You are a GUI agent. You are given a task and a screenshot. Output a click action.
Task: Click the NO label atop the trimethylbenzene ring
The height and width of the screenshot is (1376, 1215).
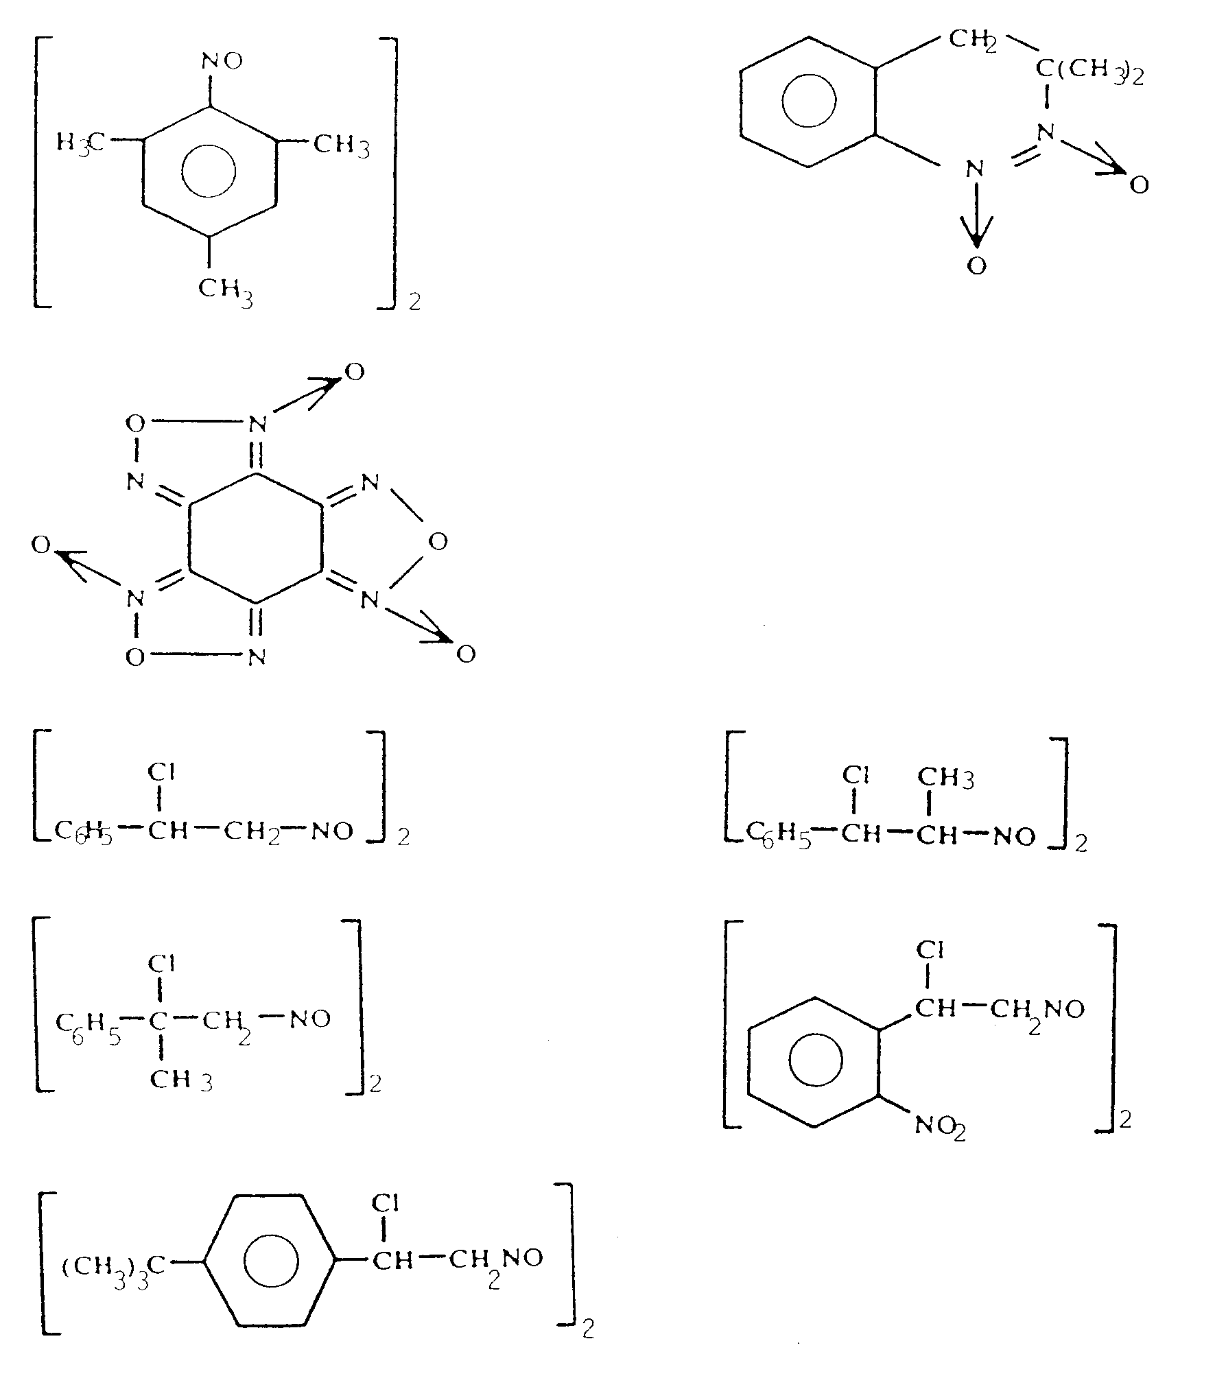coord(222,62)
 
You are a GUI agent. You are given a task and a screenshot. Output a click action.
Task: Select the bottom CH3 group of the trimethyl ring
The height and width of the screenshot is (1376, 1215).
coord(226,290)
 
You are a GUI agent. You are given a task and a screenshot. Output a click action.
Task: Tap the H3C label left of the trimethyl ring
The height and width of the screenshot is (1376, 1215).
coord(80,144)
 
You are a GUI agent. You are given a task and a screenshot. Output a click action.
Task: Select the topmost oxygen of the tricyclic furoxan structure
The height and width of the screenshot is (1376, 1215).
coord(354,372)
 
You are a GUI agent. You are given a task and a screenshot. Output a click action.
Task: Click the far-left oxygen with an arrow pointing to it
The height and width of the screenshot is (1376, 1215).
coord(41,545)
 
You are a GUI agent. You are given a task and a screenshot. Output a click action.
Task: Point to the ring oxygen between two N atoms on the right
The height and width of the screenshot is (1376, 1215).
coord(437,543)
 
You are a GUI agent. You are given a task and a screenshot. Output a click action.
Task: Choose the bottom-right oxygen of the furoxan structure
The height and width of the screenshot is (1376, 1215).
coord(466,654)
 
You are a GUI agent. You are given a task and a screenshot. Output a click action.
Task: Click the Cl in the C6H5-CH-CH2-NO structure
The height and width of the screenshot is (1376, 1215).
coord(161,772)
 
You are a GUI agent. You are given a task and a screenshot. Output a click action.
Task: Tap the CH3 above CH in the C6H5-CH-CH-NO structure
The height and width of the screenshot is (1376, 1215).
coord(946,778)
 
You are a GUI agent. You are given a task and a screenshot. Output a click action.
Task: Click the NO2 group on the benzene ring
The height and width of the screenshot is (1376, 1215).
coord(940,1127)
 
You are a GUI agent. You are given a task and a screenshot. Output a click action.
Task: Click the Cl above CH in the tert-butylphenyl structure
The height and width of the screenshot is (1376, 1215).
coord(385,1202)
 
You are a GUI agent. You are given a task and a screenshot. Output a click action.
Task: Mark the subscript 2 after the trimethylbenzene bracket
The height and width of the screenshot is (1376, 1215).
coord(414,303)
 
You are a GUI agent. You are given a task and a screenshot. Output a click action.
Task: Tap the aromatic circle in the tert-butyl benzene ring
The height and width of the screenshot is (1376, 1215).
coord(271,1261)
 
